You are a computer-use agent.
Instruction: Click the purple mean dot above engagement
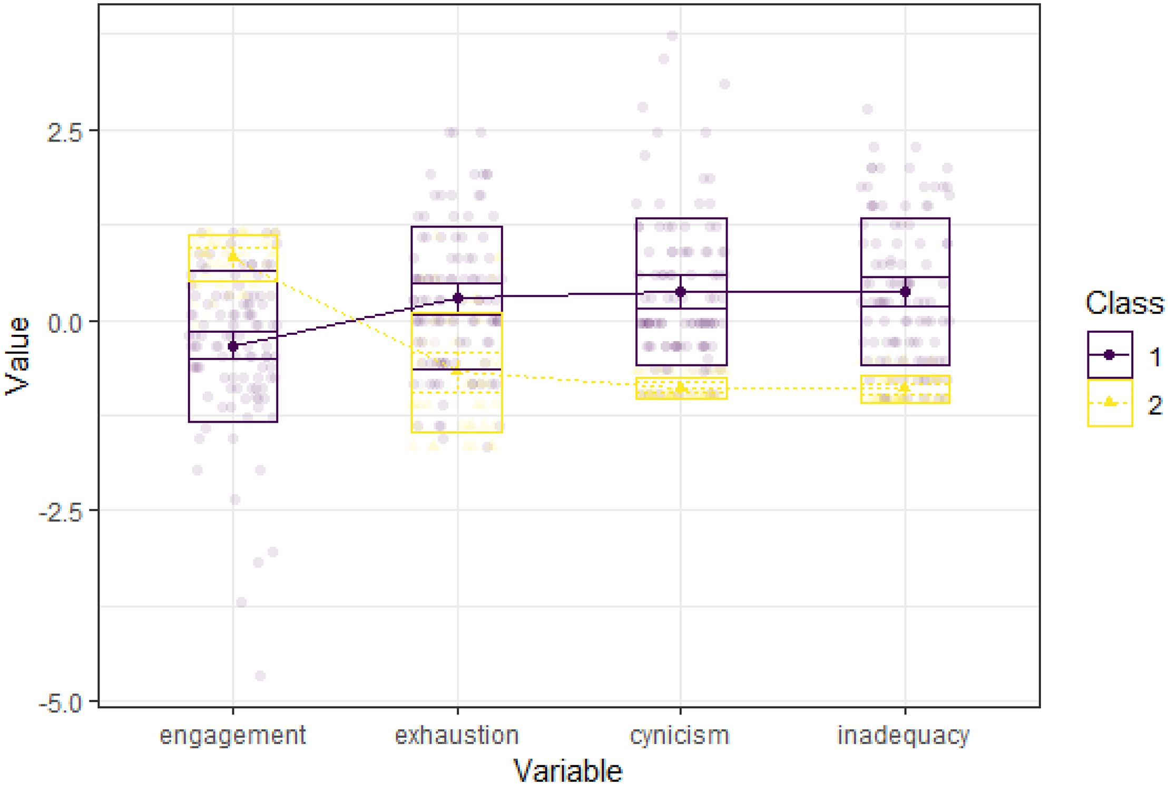pos(233,346)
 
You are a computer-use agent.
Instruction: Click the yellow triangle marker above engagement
pos(233,257)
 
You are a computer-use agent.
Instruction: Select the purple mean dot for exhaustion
pos(458,298)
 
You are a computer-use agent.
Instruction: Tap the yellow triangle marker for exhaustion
pos(457,371)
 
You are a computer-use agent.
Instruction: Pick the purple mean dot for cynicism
pos(681,292)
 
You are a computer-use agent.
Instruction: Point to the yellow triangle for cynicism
pos(681,388)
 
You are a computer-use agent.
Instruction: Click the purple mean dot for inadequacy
pos(905,292)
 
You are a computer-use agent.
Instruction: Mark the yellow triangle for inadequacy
pos(905,387)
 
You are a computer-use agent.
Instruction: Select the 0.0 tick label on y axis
pos(65,323)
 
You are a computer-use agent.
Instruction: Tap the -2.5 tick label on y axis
pos(61,513)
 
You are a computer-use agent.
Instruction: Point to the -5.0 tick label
pos(61,703)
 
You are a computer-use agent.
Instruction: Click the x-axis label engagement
pos(232,735)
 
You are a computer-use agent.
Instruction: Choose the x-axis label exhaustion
pos(457,735)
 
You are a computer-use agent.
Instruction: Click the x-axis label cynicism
pos(680,735)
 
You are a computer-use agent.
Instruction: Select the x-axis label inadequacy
pos(904,735)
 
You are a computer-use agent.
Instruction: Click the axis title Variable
pos(568,771)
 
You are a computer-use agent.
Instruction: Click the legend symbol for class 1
pos(1110,355)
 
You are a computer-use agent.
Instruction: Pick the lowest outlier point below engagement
pos(260,675)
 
